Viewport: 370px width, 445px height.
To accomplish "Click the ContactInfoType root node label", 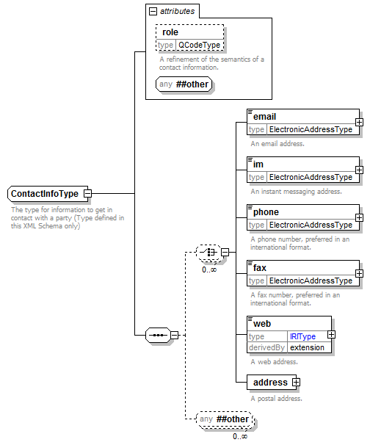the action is pyautogui.click(x=45, y=194).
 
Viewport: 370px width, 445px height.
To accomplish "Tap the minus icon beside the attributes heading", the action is pyautogui.click(x=153, y=11).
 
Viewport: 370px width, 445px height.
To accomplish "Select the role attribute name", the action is pyautogui.click(x=170, y=32).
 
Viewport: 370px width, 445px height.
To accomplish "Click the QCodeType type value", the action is pyautogui.click(x=199, y=45).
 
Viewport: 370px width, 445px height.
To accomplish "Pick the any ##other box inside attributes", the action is pyautogui.click(x=184, y=84).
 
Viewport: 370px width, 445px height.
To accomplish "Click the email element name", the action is pyautogui.click(x=264, y=117).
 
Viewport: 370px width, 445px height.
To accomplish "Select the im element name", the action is pyautogui.click(x=258, y=164).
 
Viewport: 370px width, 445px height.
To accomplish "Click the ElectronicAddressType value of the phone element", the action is pyautogui.click(x=311, y=225).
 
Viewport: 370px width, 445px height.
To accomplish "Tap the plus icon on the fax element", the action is pyautogui.click(x=359, y=273).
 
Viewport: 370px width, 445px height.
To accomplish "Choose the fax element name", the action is pyautogui.click(x=260, y=268).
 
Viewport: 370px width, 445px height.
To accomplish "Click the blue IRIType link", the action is pyautogui.click(x=302, y=336).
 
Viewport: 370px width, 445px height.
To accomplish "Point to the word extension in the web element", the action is pyautogui.click(x=307, y=347).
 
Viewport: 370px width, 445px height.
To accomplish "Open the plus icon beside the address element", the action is pyautogui.click(x=296, y=383).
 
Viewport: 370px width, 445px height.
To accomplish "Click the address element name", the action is pyautogui.click(x=270, y=383).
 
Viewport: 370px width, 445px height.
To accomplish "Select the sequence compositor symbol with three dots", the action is pyautogui.click(x=158, y=335).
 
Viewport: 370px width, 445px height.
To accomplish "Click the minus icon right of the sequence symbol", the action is pyautogui.click(x=175, y=335).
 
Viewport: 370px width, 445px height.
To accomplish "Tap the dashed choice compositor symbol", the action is pyautogui.click(x=208, y=253).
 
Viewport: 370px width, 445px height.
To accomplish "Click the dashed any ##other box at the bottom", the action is pyautogui.click(x=224, y=419).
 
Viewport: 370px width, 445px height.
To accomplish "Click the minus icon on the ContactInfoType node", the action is pyautogui.click(x=87, y=194).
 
